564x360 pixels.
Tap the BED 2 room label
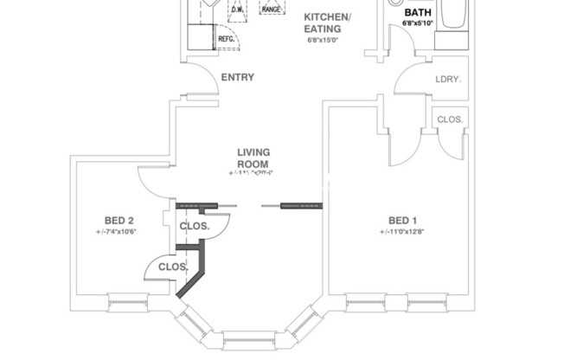tap(118, 219)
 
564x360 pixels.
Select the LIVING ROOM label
tap(253, 158)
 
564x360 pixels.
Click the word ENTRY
tap(237, 78)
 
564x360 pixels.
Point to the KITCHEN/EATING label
tap(327, 22)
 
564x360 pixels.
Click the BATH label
tap(419, 13)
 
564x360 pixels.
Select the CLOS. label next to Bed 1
tap(450, 119)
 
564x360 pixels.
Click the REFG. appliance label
tap(226, 39)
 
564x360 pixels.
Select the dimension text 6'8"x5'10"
tap(420, 24)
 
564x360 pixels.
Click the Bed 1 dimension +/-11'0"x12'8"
tap(401, 232)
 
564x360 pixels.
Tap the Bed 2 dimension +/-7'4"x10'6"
tap(117, 232)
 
